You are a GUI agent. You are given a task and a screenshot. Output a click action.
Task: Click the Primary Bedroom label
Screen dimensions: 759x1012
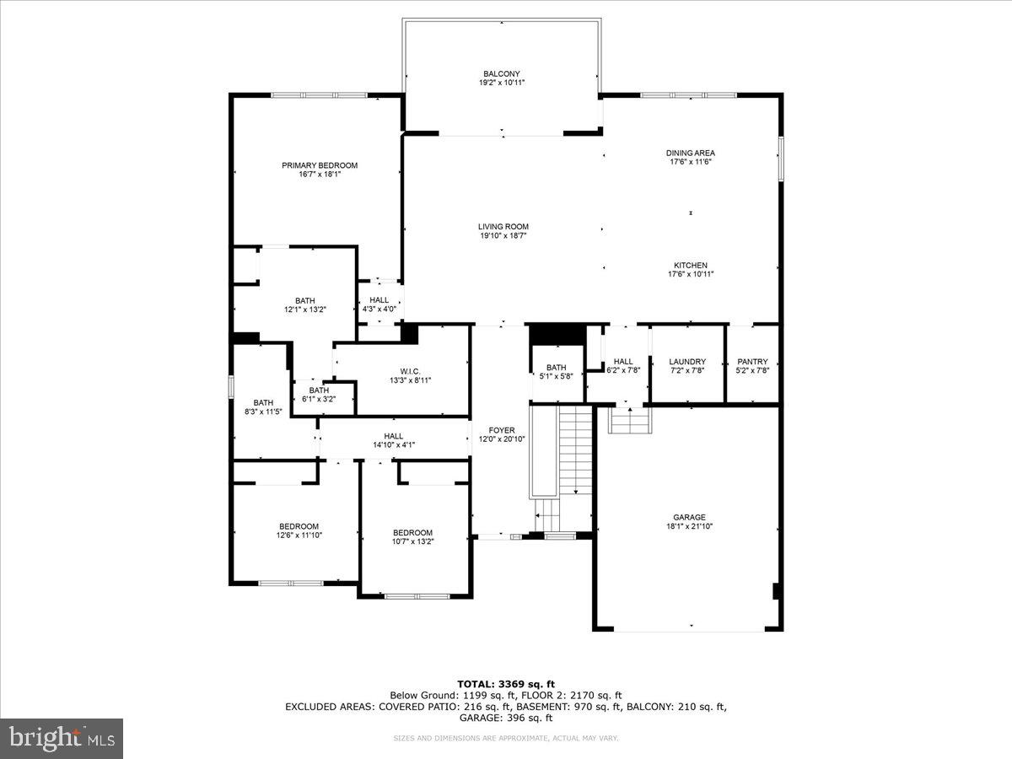tap(320, 165)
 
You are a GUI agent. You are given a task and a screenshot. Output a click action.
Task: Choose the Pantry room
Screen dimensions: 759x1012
tap(752, 365)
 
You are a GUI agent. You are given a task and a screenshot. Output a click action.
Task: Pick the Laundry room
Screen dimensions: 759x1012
tap(687, 365)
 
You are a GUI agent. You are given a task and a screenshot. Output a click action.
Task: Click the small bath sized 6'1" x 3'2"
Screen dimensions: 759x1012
tap(319, 395)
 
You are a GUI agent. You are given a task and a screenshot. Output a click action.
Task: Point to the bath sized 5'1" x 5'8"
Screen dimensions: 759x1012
tap(557, 371)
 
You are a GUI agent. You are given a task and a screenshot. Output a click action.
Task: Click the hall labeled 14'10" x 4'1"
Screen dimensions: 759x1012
tap(394, 439)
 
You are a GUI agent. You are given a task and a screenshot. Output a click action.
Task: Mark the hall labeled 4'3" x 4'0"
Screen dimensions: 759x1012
tap(379, 304)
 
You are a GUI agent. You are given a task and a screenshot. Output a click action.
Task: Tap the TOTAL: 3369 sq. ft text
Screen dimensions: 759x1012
tap(505, 684)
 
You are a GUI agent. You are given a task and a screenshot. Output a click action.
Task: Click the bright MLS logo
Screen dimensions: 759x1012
tap(62, 739)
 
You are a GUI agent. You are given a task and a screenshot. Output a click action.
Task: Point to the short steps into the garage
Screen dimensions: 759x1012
tap(630, 419)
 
